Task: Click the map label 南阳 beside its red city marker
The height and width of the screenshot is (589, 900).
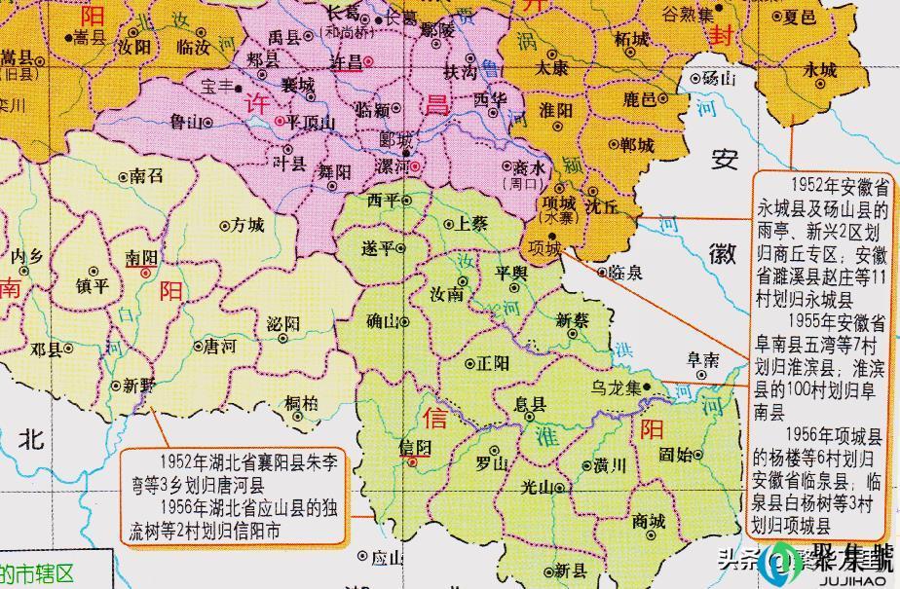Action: coord(141,256)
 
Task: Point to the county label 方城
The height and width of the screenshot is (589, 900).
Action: coord(247,226)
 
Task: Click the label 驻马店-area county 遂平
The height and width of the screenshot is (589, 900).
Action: coord(377,248)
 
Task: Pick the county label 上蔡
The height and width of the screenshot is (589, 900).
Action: coord(471,224)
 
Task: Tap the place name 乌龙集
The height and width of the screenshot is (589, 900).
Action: coord(617,387)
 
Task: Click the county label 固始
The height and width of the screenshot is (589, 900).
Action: coord(676,454)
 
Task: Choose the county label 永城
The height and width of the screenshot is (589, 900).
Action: coord(820,70)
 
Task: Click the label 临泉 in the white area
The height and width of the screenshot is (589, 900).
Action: coord(624,274)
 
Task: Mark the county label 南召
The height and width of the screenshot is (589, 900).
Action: coord(146,176)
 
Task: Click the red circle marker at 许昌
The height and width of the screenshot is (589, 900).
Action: coord(369,60)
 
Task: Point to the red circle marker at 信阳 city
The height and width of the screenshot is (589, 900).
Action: coord(413,461)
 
